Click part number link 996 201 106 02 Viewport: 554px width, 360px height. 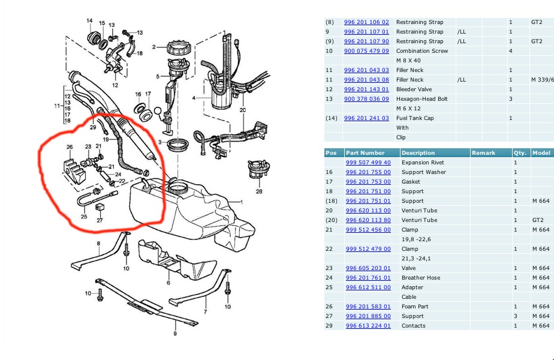[x=366, y=22]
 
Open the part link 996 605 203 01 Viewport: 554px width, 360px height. [x=368, y=268]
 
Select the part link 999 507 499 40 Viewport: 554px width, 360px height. [x=368, y=163]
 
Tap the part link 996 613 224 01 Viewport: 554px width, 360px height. [x=368, y=326]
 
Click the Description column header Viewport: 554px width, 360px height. [x=418, y=153]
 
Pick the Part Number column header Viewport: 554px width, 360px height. [x=365, y=153]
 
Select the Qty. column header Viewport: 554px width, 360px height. [x=519, y=153]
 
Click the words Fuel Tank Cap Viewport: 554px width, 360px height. [x=415, y=118]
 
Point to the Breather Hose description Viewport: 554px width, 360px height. [x=421, y=278]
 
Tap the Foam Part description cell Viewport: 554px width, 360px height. [x=415, y=307]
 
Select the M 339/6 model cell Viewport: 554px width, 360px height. [x=542, y=80]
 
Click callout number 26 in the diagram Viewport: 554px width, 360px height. [x=70, y=147]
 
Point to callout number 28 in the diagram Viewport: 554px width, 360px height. [x=259, y=192]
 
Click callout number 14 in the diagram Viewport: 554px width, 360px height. [x=89, y=21]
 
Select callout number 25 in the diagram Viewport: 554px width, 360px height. [x=84, y=216]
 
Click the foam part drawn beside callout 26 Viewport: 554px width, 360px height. [x=74, y=168]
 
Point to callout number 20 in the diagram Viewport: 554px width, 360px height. [x=243, y=110]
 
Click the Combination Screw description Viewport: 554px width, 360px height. [x=421, y=51]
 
